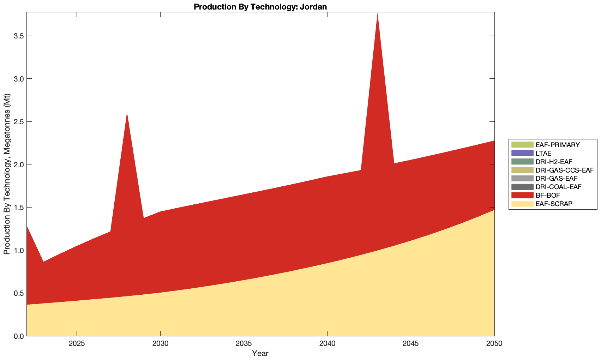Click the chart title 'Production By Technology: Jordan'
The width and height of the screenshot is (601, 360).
point(260,6)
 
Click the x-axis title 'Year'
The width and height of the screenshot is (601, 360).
point(260,353)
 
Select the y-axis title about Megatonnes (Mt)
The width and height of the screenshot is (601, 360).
point(7,174)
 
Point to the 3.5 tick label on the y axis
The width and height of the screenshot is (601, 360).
point(17,36)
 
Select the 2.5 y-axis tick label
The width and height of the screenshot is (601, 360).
point(17,122)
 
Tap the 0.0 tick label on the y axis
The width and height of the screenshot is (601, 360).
point(17,336)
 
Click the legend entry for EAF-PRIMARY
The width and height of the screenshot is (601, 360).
point(557,145)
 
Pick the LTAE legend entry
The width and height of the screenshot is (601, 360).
point(543,153)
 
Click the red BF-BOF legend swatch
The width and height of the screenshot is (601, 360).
point(522,195)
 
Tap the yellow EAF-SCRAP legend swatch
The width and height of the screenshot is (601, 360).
point(522,204)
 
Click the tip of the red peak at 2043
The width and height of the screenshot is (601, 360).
point(377,13)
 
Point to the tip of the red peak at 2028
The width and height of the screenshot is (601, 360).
point(127,113)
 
